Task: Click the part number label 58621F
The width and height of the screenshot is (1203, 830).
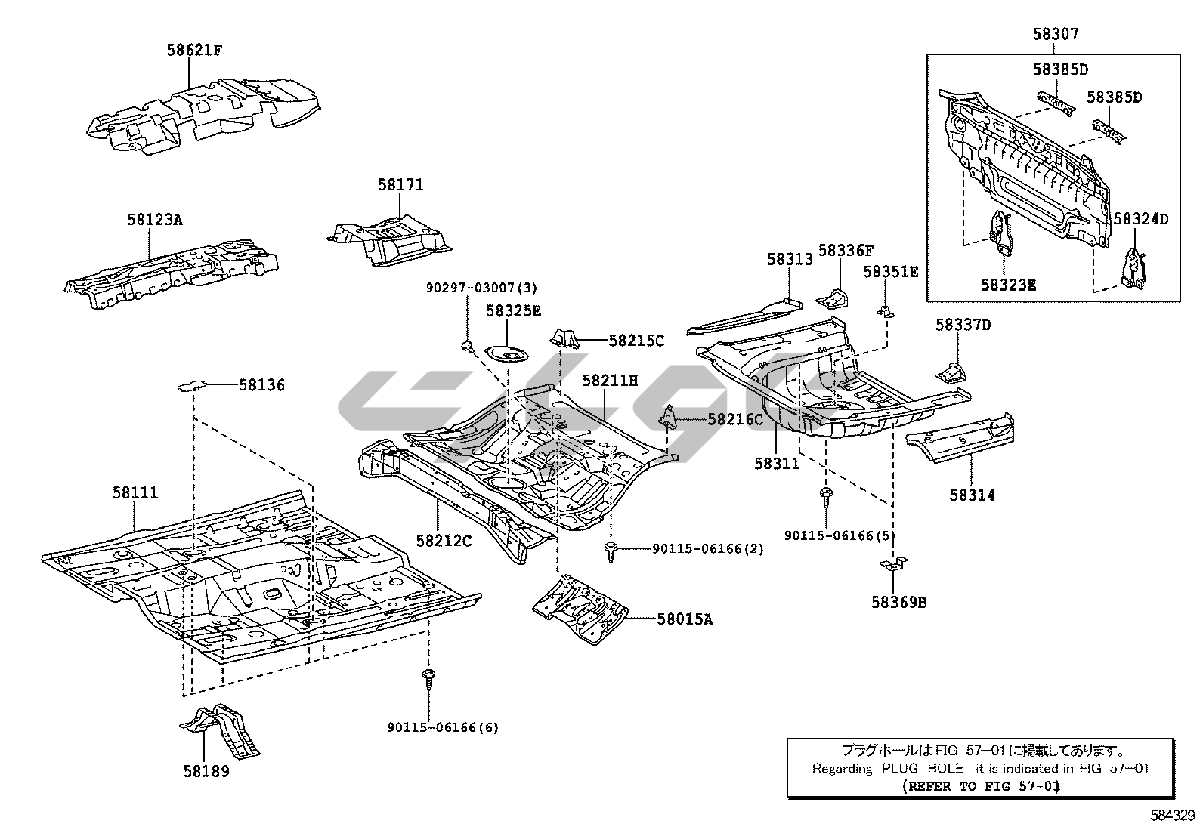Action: click(194, 51)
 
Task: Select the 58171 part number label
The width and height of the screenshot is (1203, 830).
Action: click(400, 185)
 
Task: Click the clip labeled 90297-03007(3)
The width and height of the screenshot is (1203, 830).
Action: click(467, 346)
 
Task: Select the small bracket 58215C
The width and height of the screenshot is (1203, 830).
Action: click(566, 338)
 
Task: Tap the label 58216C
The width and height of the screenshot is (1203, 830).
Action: click(734, 419)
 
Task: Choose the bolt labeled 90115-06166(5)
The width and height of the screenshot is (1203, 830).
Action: click(825, 497)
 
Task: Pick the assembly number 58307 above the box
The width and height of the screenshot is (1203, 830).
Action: click(1056, 34)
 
